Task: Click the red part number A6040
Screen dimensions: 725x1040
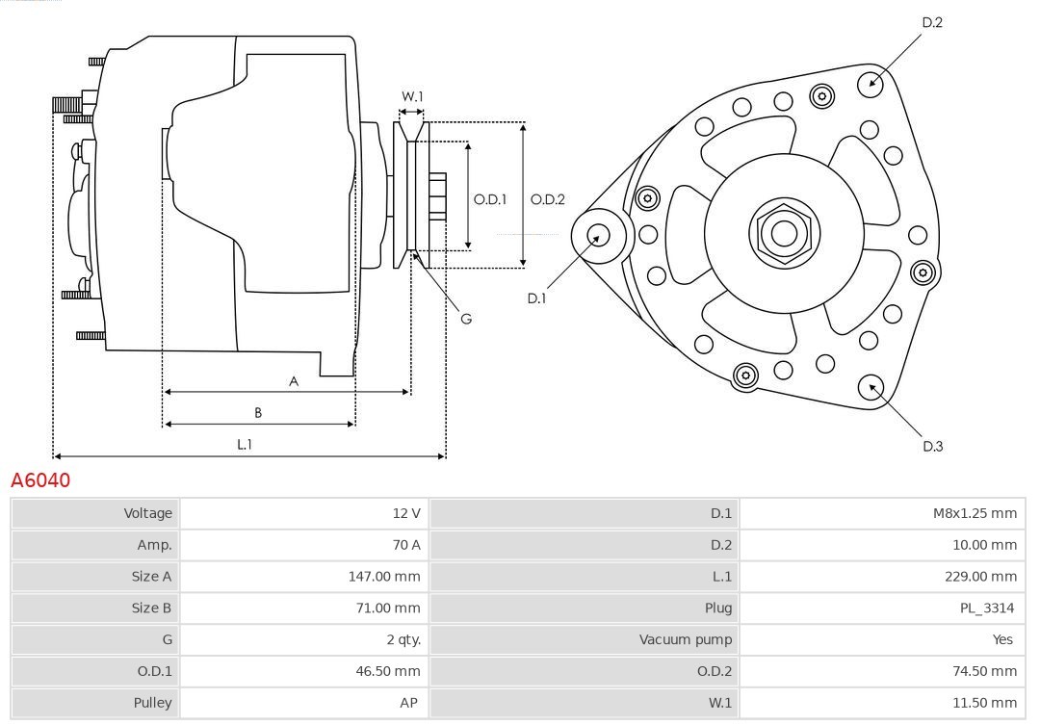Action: click(x=40, y=479)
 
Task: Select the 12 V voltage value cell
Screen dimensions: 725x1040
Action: click(x=406, y=513)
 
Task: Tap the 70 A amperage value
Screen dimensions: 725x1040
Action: click(x=406, y=545)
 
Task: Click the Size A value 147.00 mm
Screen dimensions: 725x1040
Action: click(x=384, y=577)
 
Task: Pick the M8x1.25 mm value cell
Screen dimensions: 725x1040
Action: click(x=975, y=513)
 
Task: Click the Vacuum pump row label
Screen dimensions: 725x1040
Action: click(x=686, y=639)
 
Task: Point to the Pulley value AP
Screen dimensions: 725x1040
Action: click(x=409, y=703)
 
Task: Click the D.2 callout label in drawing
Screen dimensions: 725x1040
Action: click(x=932, y=22)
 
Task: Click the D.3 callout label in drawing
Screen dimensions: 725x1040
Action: click(x=932, y=446)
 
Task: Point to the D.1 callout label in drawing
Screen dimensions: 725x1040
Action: click(x=536, y=298)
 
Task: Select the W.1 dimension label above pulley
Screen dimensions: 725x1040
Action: click(x=412, y=96)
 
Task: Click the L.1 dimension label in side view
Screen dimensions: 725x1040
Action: click(x=245, y=444)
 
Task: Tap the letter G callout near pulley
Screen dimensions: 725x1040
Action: click(x=466, y=318)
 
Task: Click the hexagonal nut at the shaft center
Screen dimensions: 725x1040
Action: click(x=784, y=233)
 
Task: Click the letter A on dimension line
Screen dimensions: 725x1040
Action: click(x=294, y=381)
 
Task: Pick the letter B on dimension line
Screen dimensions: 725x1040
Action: click(x=258, y=413)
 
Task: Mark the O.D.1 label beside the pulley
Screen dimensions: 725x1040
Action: click(x=490, y=199)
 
